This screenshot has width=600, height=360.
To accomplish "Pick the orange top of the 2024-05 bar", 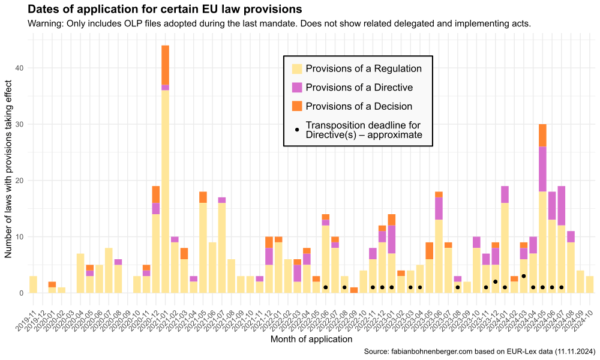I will click(542, 135).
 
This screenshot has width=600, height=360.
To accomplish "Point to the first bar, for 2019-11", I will click(33, 285).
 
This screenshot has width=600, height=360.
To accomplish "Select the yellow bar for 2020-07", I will click(109, 271).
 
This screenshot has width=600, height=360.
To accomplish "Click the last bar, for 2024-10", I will click(590, 285).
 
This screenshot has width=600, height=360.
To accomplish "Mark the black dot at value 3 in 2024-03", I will click(524, 276).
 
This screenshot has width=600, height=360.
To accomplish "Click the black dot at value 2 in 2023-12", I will click(495, 282).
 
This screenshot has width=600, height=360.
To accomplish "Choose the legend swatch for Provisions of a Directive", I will click(297, 88).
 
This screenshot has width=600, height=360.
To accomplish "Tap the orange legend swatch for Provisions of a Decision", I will click(297, 106).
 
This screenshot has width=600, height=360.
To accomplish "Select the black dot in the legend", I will click(297, 130).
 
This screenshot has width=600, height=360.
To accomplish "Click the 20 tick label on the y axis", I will click(20, 181).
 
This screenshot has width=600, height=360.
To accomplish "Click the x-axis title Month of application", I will click(311, 340).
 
